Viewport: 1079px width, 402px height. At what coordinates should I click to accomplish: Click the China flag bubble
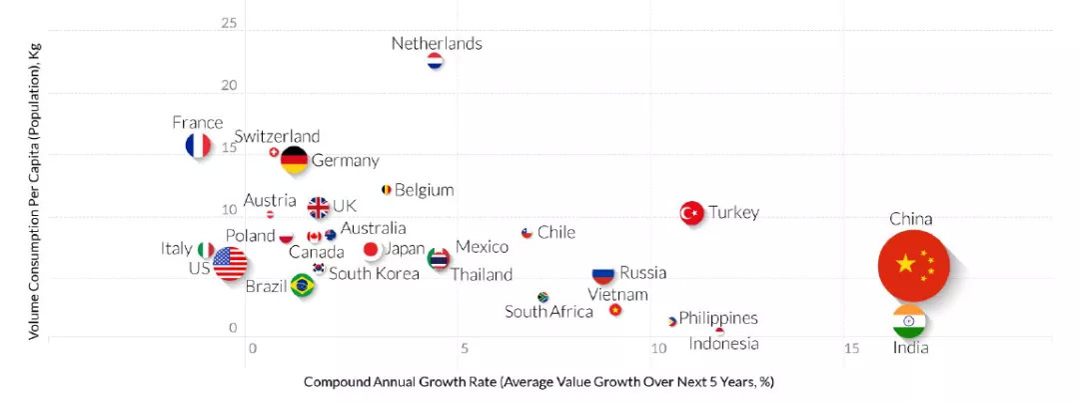pos(913,264)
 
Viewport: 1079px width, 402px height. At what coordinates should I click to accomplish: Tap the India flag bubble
pos(909,321)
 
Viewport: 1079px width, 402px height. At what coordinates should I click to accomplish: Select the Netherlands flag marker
pos(435,62)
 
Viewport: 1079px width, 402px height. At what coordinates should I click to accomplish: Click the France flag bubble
pos(199,146)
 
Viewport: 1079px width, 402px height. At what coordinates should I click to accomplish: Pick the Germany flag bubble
pos(294,160)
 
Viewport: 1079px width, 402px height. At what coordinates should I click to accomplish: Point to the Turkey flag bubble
pos(692,213)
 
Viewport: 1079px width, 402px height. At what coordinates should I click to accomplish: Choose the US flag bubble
pos(230,264)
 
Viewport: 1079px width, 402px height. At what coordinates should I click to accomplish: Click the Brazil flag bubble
pos(302,286)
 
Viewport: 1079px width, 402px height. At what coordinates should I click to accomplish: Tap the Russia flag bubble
pos(602,274)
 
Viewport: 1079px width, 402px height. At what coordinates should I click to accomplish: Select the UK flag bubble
pos(318,208)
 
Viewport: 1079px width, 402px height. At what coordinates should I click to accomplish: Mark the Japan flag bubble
pos(372,249)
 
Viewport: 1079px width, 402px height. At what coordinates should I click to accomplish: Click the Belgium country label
pos(424,190)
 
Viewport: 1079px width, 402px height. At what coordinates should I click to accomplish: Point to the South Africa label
pos(548,312)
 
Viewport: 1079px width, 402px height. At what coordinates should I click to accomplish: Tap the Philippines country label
pos(718,318)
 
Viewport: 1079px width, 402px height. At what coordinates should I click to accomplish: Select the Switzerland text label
pos(277,136)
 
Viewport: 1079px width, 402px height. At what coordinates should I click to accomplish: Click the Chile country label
pos(556,232)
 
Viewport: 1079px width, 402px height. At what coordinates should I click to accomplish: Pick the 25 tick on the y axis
pos(229,22)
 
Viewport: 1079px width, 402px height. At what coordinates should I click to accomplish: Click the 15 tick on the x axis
pos(851,348)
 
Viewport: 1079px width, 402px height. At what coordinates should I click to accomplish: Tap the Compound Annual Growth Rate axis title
pos(539,382)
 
